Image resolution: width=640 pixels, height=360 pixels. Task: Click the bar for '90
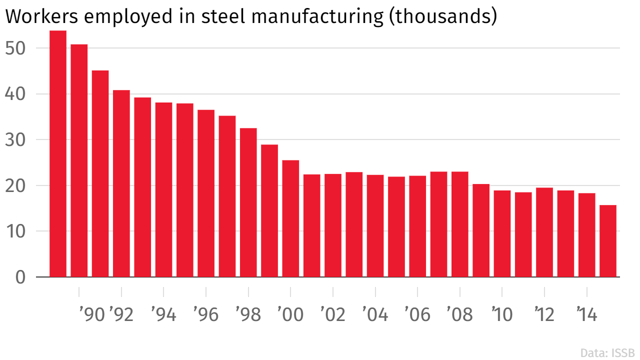tap(79, 160)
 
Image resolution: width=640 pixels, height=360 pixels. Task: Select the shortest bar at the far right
tap(608, 240)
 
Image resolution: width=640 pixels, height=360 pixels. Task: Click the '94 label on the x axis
tap(163, 315)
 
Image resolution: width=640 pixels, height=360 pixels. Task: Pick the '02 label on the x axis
tap(332, 315)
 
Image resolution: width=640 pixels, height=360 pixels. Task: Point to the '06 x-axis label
tap(417, 315)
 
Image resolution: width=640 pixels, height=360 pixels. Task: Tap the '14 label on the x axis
tap(586, 315)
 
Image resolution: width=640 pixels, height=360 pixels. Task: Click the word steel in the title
tap(222, 16)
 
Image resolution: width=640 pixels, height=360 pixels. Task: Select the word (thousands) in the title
tap(443, 16)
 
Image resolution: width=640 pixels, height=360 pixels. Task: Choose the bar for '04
tap(375, 225)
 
